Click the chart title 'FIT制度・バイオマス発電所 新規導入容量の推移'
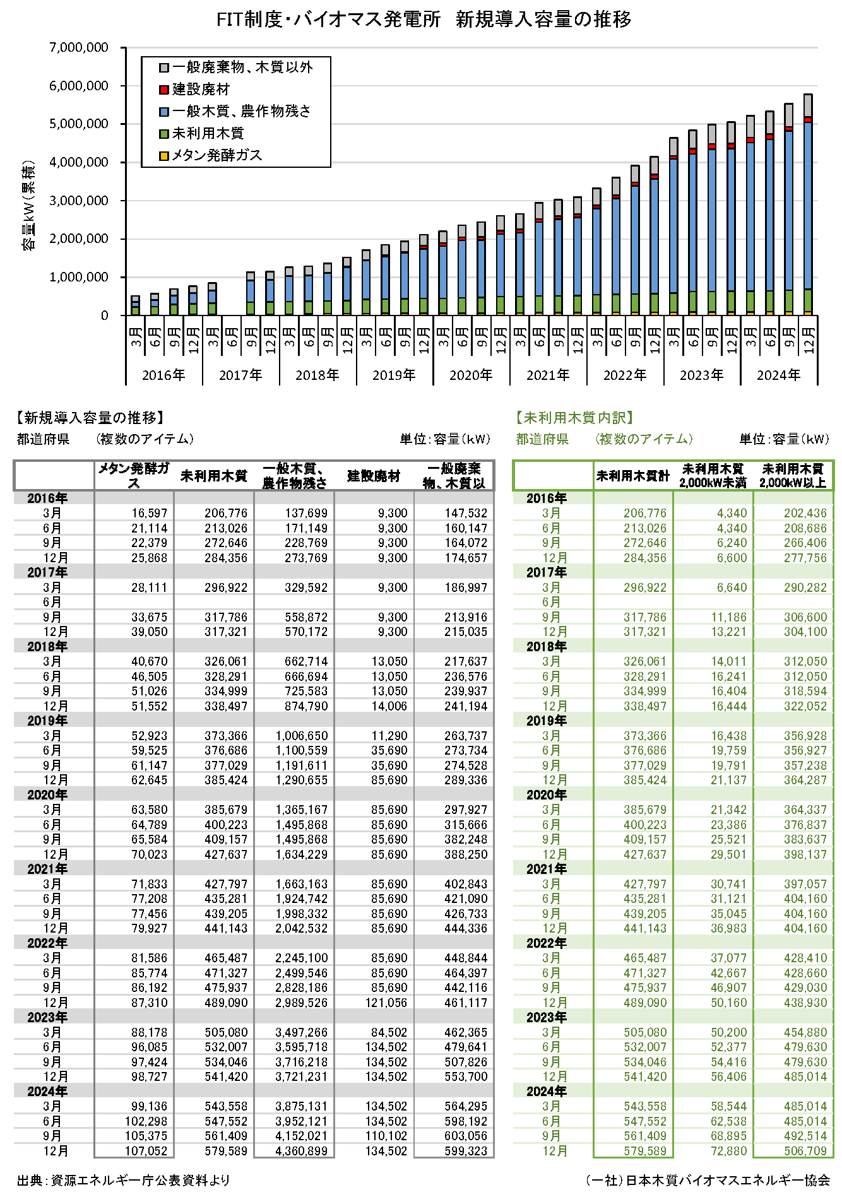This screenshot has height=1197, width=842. point(424,20)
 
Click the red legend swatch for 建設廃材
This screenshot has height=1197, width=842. point(164,90)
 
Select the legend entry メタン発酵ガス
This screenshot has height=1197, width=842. point(216,155)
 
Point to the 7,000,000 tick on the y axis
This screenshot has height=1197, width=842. point(79,48)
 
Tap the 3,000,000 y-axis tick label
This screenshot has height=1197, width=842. point(79,201)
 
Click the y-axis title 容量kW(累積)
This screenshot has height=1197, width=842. point(28,206)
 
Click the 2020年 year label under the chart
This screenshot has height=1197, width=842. point(471,375)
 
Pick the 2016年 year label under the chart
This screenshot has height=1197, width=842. point(163,375)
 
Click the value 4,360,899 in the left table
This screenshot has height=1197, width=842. point(301,1151)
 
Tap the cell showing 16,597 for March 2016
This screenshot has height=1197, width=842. point(150,513)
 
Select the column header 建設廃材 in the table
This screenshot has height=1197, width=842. point(374,476)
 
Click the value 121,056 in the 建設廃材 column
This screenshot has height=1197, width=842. point(386,1003)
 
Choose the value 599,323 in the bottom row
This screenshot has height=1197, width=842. point(466,1151)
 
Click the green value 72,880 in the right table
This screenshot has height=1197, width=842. point(728,1151)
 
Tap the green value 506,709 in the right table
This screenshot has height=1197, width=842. point(805,1151)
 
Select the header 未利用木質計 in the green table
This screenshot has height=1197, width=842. point(633,476)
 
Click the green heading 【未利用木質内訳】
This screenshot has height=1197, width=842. point(574,418)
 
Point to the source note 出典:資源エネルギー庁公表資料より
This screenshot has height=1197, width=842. point(123,1180)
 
